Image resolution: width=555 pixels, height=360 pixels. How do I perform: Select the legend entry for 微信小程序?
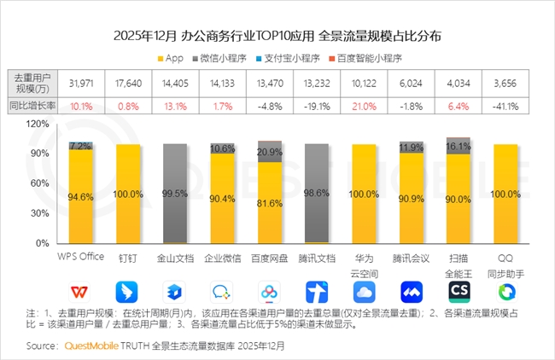[x=225, y=59]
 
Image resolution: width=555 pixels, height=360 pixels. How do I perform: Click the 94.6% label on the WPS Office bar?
[x=80, y=197]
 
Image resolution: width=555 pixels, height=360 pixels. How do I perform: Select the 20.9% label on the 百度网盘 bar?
[x=270, y=152]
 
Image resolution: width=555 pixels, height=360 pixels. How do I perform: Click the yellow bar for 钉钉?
[x=128, y=194]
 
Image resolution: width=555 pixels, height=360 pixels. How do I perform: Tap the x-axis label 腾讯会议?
[x=412, y=256]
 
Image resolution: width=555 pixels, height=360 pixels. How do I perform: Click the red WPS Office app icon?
[x=80, y=293]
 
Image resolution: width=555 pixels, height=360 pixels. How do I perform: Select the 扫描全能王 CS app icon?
[x=459, y=293]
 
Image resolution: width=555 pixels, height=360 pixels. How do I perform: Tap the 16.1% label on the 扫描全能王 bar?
[x=459, y=146]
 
